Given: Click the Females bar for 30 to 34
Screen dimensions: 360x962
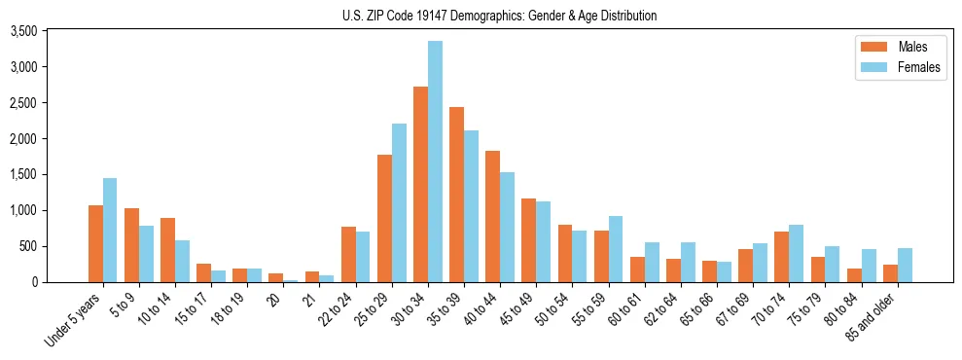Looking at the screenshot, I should pos(435,162).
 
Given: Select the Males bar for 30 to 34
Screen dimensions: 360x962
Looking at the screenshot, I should pos(420,185).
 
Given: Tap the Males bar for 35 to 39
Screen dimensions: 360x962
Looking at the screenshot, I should pos(456,195).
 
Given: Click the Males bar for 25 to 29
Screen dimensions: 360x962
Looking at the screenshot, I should pos(384,219).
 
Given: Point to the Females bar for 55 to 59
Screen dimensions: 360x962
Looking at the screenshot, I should pos(616,249).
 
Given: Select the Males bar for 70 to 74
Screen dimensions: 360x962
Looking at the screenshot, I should pos(782,257).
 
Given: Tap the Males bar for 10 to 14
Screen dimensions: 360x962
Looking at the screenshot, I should pos(168,250).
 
